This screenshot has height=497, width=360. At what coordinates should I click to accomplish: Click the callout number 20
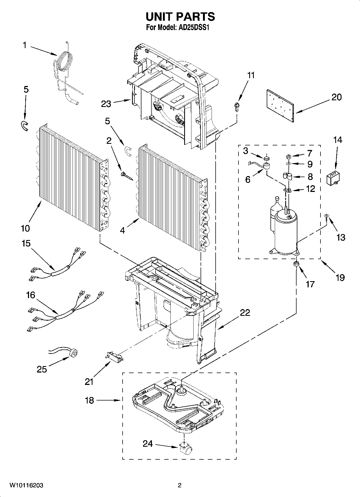pos(336,97)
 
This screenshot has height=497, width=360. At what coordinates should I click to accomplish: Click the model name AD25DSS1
pos(192,28)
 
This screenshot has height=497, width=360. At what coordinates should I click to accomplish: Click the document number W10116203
pos(26,485)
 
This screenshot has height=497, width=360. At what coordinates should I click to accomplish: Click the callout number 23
pos(106,104)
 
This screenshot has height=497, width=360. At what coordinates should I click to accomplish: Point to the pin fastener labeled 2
pos(124,175)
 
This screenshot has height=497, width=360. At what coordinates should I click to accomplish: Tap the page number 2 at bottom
pos(179,485)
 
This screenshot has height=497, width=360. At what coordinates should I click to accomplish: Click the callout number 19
pos(340,277)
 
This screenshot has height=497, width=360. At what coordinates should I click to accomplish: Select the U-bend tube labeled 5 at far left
pos(24,126)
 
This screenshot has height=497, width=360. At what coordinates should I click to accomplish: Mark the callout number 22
pos(245,313)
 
